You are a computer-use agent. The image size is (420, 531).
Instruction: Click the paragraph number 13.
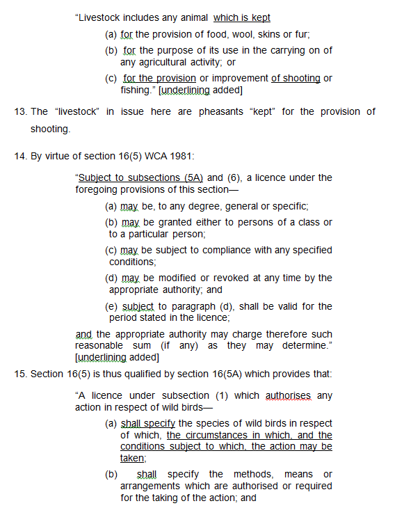point(21,111)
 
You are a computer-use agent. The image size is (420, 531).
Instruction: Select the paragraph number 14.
point(21,157)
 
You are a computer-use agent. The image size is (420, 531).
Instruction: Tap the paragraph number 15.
point(21,374)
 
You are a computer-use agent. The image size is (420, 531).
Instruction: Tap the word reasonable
point(99,346)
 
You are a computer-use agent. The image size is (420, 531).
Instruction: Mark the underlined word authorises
point(288,396)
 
